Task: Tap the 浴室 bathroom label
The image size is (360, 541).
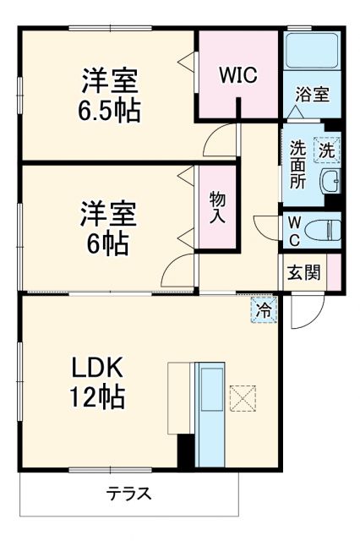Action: [x=312, y=95]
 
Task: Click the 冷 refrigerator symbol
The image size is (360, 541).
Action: [x=265, y=310]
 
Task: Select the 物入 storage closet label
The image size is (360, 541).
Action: [x=217, y=206]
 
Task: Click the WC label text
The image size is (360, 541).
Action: [x=292, y=229]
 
